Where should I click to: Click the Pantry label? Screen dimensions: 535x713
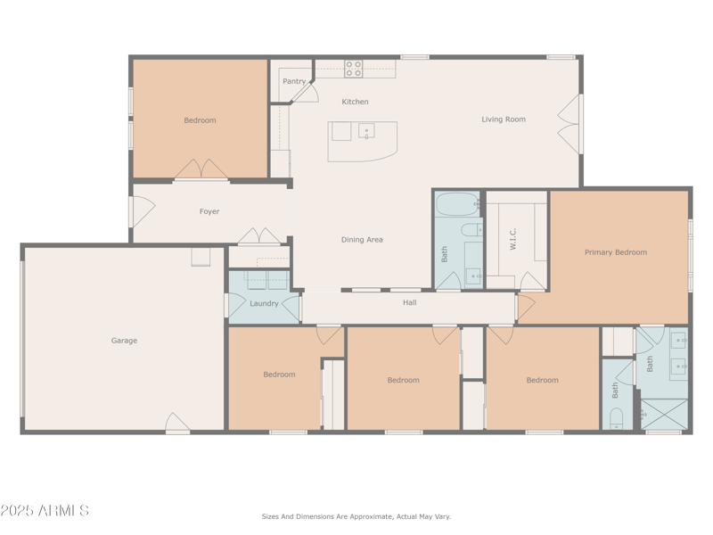(294, 81)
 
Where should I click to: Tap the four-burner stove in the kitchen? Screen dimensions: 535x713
(354, 69)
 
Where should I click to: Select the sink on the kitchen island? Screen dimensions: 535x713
(366, 131)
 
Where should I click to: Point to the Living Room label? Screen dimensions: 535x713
(504, 119)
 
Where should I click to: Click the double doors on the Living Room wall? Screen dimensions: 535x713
(570, 123)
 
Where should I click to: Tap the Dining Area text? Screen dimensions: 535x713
(362, 240)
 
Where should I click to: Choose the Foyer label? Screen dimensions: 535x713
(209, 212)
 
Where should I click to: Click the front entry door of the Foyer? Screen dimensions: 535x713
(141, 211)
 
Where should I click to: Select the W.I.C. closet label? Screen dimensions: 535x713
(513, 239)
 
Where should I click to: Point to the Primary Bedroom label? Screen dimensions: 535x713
(616, 252)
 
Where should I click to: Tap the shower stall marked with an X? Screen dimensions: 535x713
(664, 415)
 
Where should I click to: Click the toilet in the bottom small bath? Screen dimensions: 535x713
(617, 417)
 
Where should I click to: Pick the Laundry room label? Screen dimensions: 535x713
(264, 304)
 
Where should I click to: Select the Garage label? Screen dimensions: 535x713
(124, 341)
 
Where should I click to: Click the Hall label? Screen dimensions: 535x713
(410, 303)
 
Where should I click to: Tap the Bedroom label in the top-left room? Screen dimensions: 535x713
(200, 120)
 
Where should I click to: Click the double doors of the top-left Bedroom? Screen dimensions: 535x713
(201, 169)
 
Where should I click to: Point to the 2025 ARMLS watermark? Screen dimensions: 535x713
(45, 511)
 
